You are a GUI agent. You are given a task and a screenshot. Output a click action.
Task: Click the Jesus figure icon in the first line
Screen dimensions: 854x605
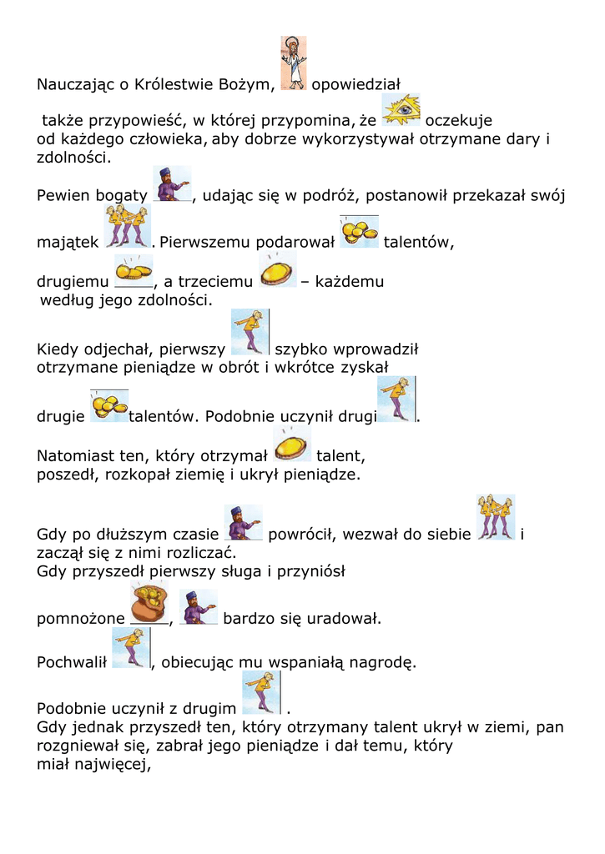(x=293, y=63)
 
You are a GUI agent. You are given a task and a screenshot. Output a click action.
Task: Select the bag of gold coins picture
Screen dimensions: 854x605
(x=149, y=603)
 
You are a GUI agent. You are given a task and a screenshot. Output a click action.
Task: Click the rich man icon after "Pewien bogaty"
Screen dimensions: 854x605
(x=172, y=184)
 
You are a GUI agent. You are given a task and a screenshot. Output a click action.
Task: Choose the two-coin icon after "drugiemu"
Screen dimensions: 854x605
(x=133, y=270)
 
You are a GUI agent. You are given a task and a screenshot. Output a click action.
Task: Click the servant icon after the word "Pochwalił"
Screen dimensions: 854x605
(x=130, y=648)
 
